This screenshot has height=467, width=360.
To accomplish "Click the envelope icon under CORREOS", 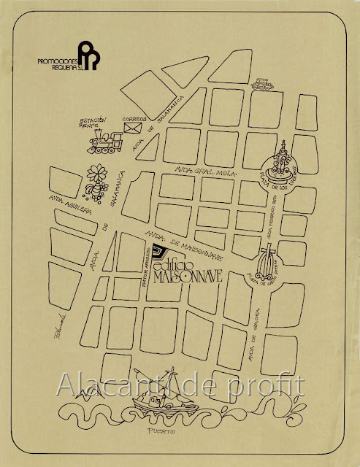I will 134,128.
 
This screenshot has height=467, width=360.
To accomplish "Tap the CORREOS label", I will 134,118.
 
